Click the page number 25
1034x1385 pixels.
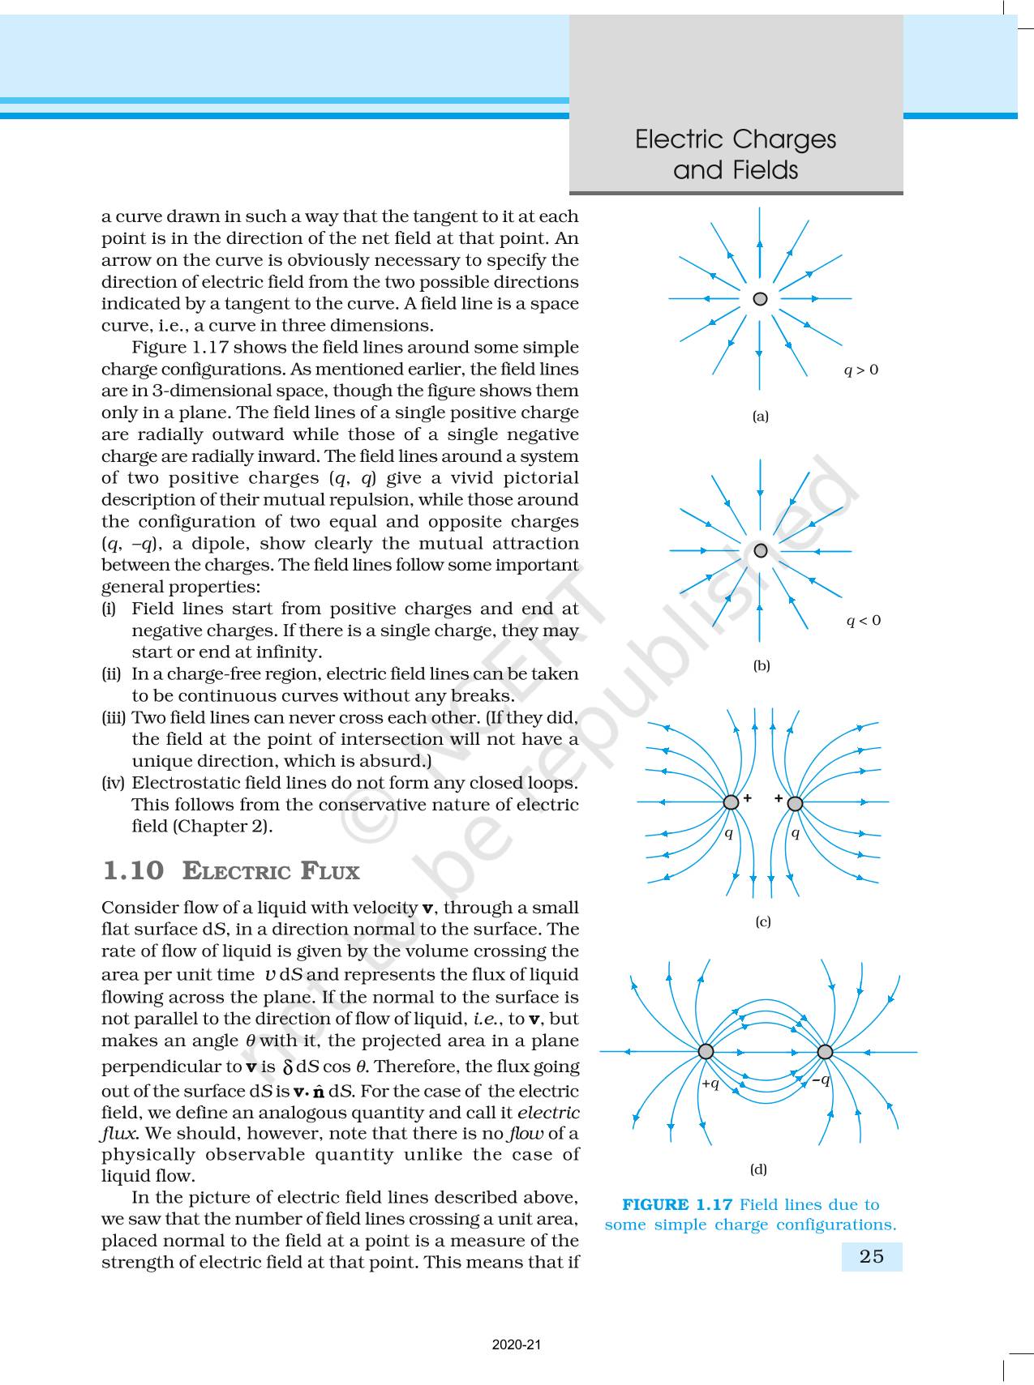coord(871,1256)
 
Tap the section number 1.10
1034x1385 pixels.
coord(133,871)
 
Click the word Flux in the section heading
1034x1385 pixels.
coord(330,872)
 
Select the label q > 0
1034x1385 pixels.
coord(861,370)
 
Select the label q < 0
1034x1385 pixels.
coord(864,621)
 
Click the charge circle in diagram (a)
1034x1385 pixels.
coord(760,299)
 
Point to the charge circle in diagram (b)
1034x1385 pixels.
coord(760,551)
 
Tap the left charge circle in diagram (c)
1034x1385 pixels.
coord(731,802)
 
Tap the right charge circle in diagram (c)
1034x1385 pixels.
coord(796,804)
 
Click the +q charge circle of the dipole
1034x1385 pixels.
coord(706,1051)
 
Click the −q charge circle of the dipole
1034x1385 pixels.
coord(825,1052)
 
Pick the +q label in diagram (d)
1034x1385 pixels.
coord(710,1084)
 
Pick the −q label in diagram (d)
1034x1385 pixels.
coord(822,1079)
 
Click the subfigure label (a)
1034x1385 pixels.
coord(761,417)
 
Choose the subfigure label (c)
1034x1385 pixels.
coord(763,921)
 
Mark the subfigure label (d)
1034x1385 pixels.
coord(758,1169)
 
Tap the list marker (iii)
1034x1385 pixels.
coord(114,717)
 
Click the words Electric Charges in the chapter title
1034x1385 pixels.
coord(736,139)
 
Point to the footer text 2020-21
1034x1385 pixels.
coord(517,1345)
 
